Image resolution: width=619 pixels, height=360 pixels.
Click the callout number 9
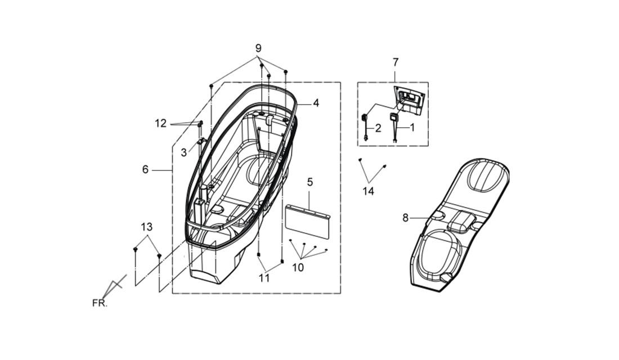(258, 48)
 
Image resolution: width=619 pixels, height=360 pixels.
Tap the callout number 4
(316, 103)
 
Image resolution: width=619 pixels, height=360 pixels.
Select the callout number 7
(396, 62)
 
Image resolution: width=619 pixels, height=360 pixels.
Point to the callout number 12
(161, 124)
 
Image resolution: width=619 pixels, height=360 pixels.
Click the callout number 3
(183, 152)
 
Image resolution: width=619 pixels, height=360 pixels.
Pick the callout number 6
(145, 170)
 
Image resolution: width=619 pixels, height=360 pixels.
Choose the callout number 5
(310, 182)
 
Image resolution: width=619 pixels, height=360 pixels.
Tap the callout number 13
(146, 227)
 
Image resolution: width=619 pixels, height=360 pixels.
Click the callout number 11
(264, 278)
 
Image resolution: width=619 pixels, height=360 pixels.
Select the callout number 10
(298, 268)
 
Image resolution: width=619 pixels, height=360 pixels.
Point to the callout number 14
(369, 191)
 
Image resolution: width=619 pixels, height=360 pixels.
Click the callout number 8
(405, 218)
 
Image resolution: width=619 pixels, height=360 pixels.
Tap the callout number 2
(378, 128)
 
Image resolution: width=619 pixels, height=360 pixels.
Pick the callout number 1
(412, 128)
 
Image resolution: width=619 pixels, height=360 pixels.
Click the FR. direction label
(100, 303)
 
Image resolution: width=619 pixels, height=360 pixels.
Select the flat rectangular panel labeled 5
(307, 222)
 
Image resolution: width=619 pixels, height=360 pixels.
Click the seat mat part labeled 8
(460, 225)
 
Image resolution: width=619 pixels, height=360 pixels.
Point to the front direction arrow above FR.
(114, 286)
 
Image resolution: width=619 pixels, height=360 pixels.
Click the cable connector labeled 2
(365, 127)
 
